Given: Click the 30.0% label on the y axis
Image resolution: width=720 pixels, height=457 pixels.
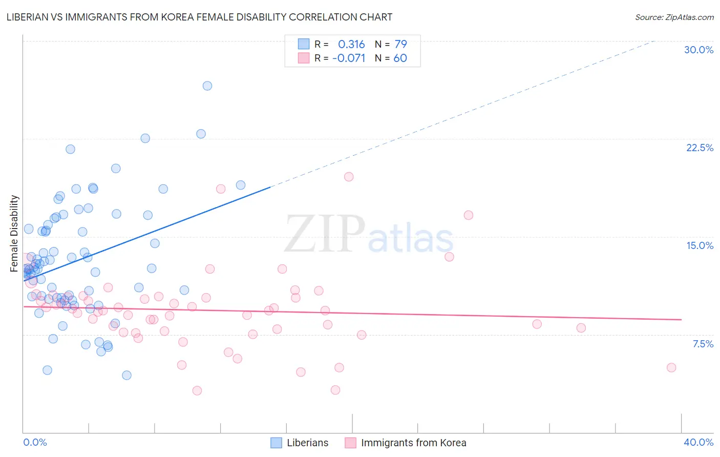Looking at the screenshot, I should (x=698, y=50).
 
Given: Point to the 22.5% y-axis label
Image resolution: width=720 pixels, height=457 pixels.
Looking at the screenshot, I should (x=700, y=148).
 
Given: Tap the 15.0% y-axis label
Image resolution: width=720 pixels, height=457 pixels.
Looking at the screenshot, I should (x=700, y=245).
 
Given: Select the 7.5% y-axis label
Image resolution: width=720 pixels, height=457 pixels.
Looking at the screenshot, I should (x=703, y=344).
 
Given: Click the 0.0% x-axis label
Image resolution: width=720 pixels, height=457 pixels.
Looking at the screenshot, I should (x=35, y=442).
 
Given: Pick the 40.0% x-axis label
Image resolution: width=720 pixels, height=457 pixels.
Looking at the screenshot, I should (x=698, y=442).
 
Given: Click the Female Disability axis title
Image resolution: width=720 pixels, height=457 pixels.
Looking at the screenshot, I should (x=14, y=233).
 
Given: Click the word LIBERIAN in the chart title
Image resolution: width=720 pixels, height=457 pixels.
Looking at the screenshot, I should (x=30, y=17).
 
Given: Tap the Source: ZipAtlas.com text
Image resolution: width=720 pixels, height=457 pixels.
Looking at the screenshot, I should (x=674, y=17).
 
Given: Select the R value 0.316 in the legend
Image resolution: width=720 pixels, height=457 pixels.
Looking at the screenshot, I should (x=351, y=44).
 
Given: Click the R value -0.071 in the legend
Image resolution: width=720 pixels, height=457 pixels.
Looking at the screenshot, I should (x=349, y=58).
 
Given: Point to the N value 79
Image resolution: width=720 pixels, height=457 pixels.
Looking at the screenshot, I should (x=400, y=44).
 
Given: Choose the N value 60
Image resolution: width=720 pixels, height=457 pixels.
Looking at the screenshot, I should (x=400, y=58).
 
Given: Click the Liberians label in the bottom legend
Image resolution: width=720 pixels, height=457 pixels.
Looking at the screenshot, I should (x=307, y=443).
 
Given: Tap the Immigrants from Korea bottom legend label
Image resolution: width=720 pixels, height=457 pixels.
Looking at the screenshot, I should (x=413, y=443).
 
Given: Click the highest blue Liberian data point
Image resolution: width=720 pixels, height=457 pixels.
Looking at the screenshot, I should (x=207, y=86).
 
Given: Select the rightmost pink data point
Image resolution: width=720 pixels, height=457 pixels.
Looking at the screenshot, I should (x=671, y=367).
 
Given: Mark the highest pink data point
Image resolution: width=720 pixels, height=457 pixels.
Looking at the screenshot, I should (x=349, y=177).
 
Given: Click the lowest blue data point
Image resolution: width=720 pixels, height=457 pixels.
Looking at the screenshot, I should (x=126, y=375).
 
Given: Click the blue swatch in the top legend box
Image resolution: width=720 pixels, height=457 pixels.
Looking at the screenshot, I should (x=304, y=44).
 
